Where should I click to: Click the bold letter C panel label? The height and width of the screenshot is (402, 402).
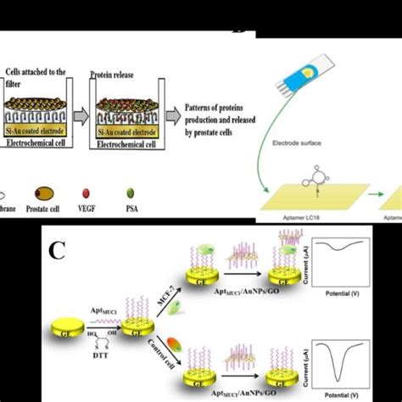click(x=57, y=252)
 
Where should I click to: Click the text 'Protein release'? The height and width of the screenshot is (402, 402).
click(x=114, y=75)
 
